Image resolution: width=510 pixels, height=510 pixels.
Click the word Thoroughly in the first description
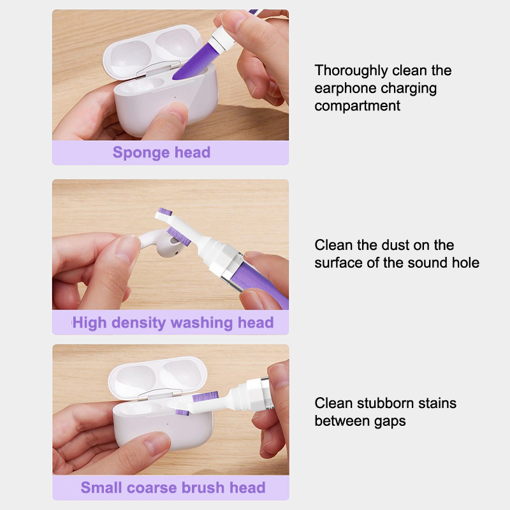point(351,71)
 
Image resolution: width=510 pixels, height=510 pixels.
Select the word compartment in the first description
point(357,106)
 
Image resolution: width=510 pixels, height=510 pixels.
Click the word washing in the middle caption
point(201,323)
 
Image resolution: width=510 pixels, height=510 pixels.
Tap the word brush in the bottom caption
point(203,487)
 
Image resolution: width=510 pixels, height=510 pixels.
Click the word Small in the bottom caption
point(101,488)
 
